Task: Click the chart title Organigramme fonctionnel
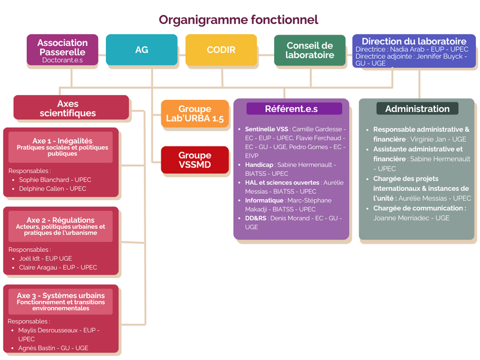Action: (238, 20)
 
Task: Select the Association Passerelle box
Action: (62, 50)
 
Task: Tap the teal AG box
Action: (141, 50)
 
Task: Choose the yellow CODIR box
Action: (221, 50)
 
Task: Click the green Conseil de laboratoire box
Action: (310, 51)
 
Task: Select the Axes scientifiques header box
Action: (71, 108)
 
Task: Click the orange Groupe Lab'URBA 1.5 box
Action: (195, 113)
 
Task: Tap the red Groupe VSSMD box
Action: (195, 160)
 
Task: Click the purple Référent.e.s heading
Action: (291, 109)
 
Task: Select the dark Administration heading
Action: (417, 109)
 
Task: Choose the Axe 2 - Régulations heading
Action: (60, 220)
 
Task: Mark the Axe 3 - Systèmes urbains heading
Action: (60, 296)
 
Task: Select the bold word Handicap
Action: (259, 165)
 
